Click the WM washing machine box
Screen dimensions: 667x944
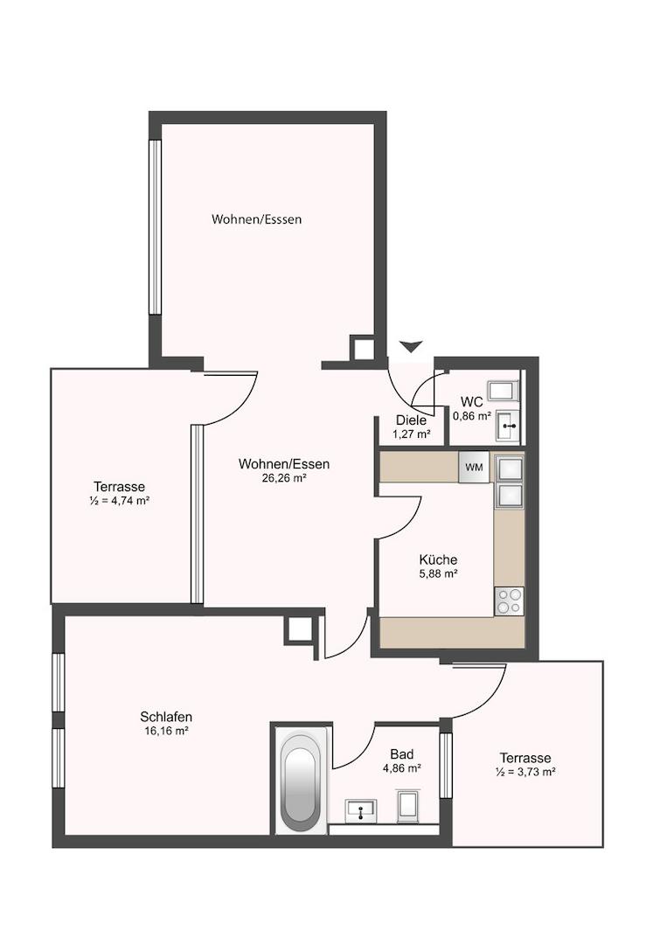click(x=474, y=467)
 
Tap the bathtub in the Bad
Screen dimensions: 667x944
click(x=301, y=781)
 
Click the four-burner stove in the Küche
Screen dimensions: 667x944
click(x=509, y=600)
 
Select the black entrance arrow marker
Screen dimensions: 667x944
click(x=412, y=346)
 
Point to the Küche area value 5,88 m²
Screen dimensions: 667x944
click(x=438, y=574)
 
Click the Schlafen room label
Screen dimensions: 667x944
click(x=166, y=717)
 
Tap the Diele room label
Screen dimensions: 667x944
click(x=411, y=420)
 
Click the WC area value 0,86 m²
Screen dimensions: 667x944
click(x=472, y=415)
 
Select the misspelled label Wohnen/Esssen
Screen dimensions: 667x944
click(x=256, y=219)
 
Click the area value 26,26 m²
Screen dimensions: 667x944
click(x=284, y=479)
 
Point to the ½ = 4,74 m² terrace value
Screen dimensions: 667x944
click(x=119, y=500)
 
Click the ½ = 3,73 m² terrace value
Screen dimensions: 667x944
click(x=525, y=772)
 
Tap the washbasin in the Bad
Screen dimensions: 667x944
click(x=360, y=810)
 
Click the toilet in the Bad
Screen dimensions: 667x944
click(x=409, y=806)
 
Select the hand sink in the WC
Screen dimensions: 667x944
click(x=508, y=427)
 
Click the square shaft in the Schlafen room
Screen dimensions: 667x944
click(x=299, y=629)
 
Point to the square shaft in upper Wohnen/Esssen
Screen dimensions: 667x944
click(x=363, y=348)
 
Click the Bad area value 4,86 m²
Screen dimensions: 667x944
click(x=401, y=768)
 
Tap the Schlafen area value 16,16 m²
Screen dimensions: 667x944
click(x=166, y=732)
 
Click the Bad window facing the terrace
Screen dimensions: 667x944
click(x=446, y=766)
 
